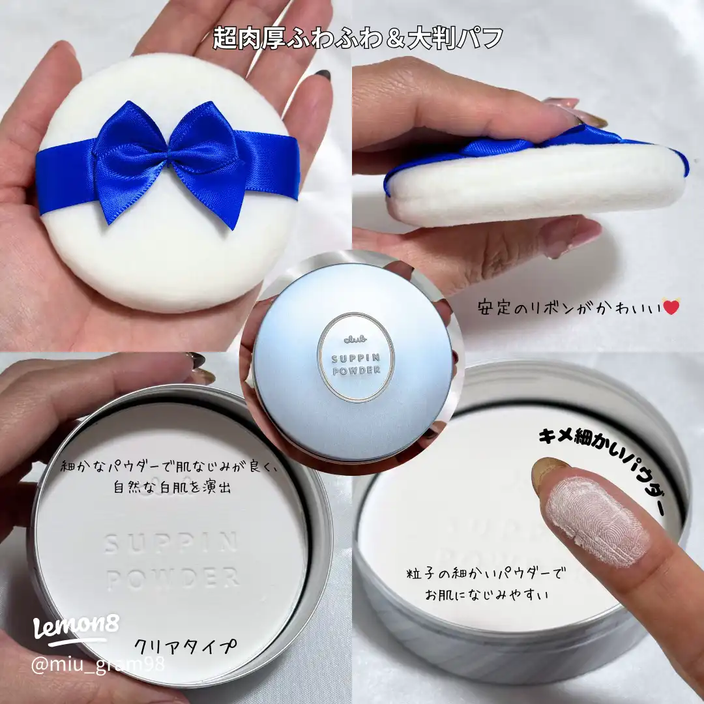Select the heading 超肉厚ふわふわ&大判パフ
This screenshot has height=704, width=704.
click(358, 38)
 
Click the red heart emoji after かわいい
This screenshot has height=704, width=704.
click(670, 306)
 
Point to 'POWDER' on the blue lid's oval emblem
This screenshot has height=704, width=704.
click(355, 373)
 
